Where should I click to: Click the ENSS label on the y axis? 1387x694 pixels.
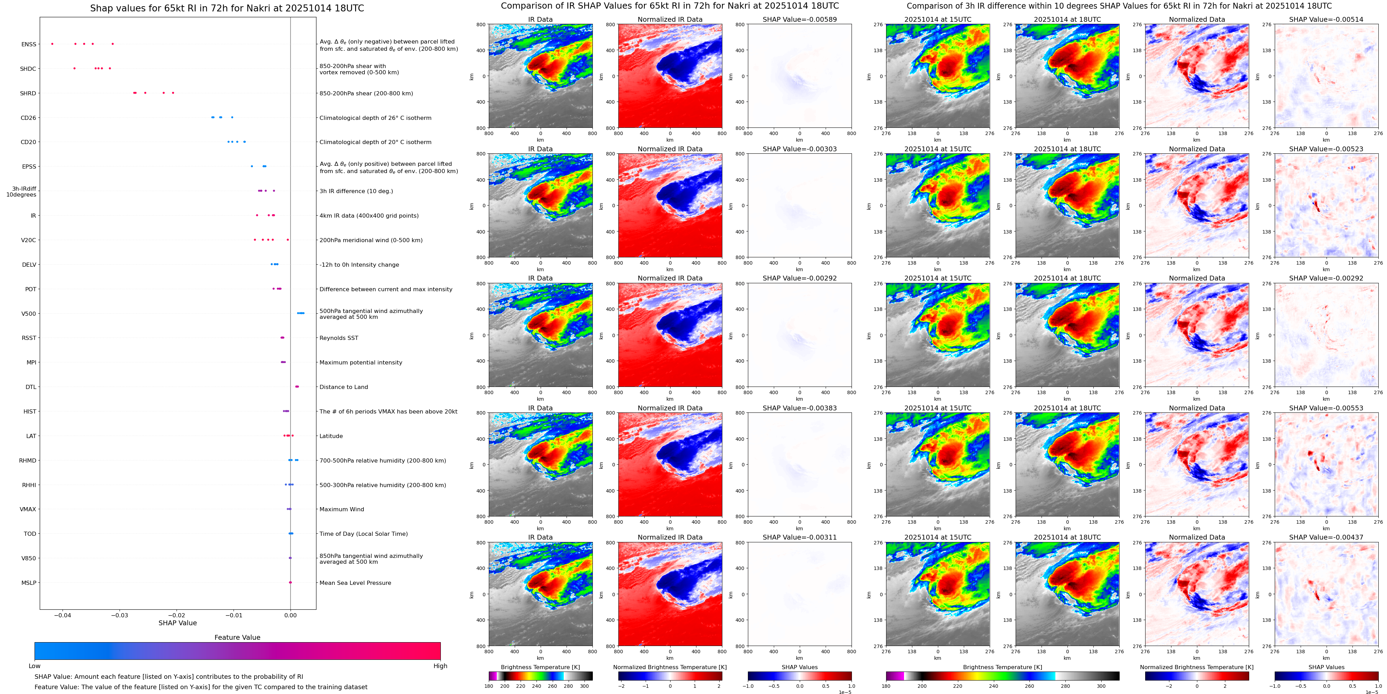point(29,44)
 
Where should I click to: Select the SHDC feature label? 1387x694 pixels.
point(28,69)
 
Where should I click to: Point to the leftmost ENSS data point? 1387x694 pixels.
point(52,44)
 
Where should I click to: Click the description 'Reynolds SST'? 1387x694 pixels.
point(339,338)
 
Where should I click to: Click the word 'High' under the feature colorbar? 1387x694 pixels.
point(440,666)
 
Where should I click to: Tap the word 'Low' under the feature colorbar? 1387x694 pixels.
point(35,666)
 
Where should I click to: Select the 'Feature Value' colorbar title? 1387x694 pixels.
point(237,637)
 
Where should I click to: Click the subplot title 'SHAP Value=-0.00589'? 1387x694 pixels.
point(800,19)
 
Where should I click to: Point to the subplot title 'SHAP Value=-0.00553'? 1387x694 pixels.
point(1326,408)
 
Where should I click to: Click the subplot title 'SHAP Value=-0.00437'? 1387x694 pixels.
point(1326,537)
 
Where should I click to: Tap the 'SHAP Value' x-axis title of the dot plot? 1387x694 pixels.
point(178,623)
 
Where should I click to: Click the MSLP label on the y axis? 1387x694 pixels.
point(29,582)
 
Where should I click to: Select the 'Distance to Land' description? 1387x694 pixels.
point(343,387)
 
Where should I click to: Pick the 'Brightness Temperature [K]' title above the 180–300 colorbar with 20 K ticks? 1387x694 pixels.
point(540,667)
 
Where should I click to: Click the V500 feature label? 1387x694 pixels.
point(29,314)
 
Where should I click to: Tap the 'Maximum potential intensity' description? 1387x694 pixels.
point(361,362)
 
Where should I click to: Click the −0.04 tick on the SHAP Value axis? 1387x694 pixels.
point(63,615)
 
